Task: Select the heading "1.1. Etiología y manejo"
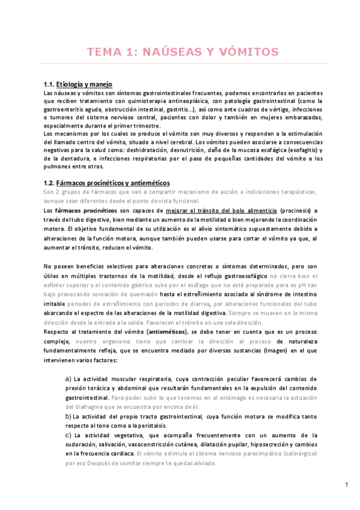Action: click(x=78, y=84)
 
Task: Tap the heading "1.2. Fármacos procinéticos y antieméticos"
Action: click(x=107, y=182)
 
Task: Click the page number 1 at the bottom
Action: click(x=347, y=484)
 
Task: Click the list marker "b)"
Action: click(x=68, y=416)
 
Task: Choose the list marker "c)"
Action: click(x=68, y=434)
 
